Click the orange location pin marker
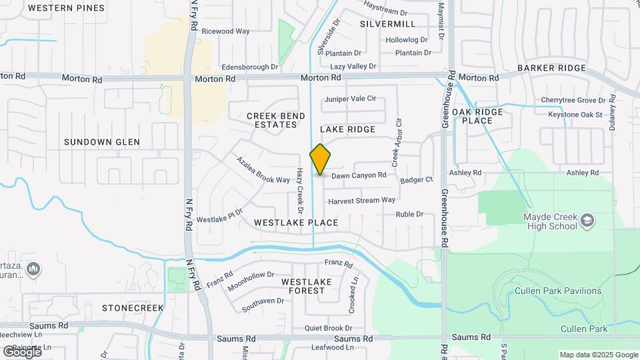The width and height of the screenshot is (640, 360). [x=320, y=159]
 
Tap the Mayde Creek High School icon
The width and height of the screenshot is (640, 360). [x=587, y=221]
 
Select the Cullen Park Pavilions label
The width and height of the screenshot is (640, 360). [x=557, y=291]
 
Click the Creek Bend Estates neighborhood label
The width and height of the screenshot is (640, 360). [x=276, y=120]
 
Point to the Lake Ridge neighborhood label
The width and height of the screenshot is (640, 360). [x=347, y=129]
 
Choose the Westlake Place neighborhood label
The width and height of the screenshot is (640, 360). [x=296, y=222]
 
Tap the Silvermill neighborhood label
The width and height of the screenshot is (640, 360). [x=387, y=24]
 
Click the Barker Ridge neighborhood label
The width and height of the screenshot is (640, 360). [x=551, y=68]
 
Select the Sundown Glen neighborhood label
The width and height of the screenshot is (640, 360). [x=102, y=142]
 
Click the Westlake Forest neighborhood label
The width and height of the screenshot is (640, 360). [x=306, y=286]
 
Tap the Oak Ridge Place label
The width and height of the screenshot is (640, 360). [x=481, y=116]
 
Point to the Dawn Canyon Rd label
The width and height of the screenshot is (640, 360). [x=359, y=175]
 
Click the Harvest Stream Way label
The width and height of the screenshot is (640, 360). [x=362, y=200]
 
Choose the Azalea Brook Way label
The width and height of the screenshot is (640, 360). [x=263, y=171]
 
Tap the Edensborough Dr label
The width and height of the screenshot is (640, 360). [x=250, y=67]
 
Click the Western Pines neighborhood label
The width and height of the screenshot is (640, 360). [x=67, y=8]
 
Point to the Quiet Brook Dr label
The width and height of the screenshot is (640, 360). [x=328, y=328]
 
